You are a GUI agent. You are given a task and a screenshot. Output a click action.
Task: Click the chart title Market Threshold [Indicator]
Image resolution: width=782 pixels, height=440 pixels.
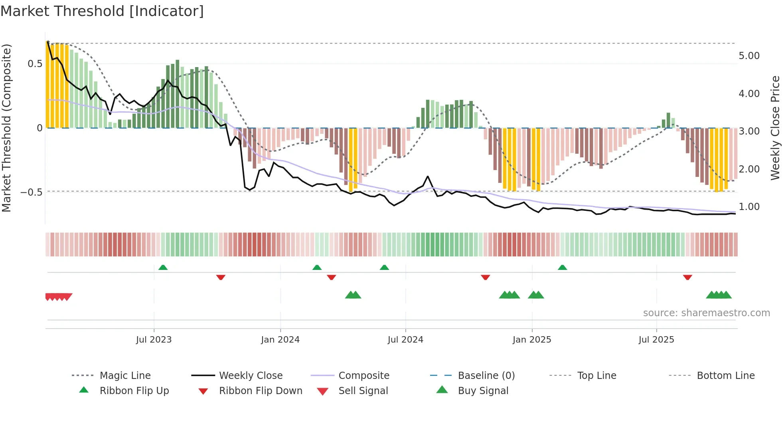click(x=102, y=11)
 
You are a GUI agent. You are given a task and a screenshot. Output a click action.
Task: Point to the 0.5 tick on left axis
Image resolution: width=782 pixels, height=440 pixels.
click(x=35, y=64)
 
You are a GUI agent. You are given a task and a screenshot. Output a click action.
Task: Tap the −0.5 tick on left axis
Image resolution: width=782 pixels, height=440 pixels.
click(x=32, y=192)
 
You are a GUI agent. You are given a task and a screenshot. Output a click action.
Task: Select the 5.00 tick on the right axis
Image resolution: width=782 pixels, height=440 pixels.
click(x=749, y=56)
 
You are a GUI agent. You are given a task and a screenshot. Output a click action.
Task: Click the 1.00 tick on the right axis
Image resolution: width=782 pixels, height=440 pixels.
click(x=749, y=207)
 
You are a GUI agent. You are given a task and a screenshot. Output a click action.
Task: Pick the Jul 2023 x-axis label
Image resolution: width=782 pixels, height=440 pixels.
click(x=154, y=340)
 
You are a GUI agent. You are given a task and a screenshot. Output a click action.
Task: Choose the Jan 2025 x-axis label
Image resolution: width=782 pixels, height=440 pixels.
click(x=531, y=340)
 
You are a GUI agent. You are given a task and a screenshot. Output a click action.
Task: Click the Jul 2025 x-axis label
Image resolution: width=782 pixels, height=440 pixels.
click(x=656, y=340)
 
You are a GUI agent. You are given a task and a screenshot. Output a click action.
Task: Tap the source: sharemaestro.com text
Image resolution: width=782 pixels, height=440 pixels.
click(x=706, y=313)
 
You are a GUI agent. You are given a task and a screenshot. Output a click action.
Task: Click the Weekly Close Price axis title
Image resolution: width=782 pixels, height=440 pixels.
click(x=775, y=128)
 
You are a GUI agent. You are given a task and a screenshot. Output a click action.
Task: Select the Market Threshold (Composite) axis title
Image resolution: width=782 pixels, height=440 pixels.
click(x=6, y=128)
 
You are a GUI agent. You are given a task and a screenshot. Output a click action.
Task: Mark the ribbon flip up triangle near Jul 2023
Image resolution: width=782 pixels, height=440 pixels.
click(x=163, y=268)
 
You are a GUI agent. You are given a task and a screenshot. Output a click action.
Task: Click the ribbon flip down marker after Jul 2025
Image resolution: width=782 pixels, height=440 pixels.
click(x=687, y=277)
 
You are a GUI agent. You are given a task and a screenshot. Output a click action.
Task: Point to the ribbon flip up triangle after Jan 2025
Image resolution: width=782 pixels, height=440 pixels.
click(x=562, y=268)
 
